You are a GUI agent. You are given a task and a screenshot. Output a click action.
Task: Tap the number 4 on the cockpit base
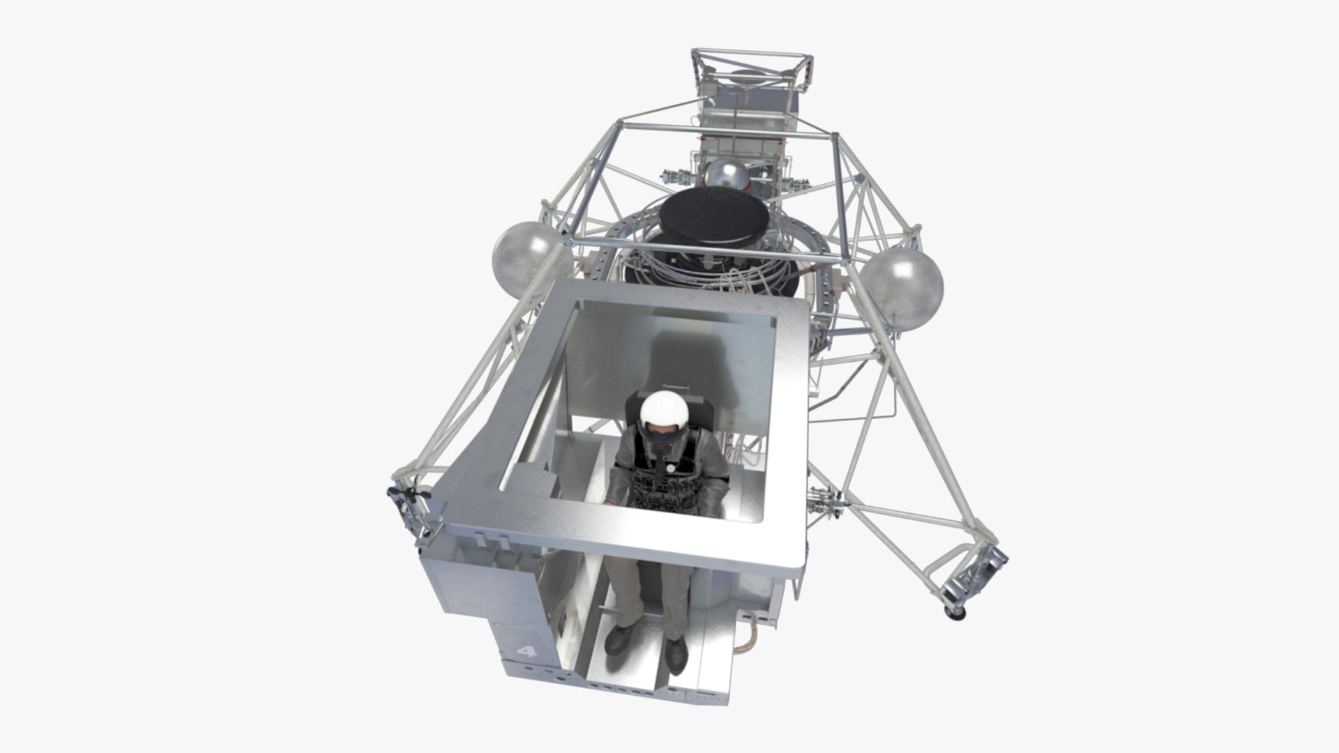(x=527, y=652)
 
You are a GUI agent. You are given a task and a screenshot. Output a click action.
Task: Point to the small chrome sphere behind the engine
(x=727, y=176)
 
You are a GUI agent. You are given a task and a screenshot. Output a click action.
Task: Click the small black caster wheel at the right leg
(x=951, y=612)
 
